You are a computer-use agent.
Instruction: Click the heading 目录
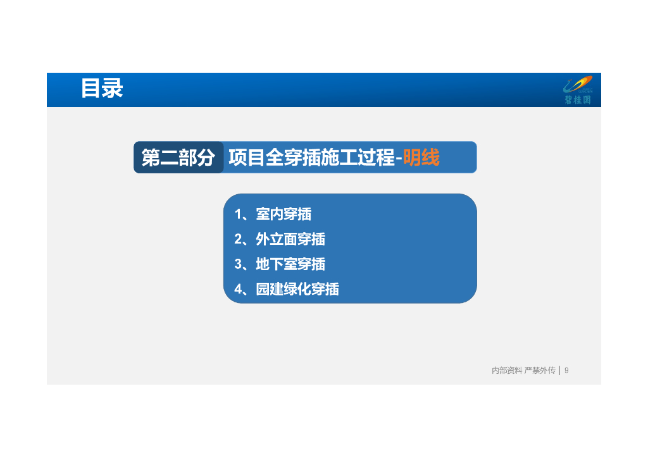[x=101, y=89]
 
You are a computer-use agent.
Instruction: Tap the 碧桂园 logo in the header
[x=578, y=90]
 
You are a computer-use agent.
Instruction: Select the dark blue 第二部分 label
[x=178, y=158]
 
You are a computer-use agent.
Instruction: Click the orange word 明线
[x=421, y=158]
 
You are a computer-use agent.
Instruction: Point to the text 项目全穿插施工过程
[x=311, y=158]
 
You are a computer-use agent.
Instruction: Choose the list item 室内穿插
[x=283, y=214]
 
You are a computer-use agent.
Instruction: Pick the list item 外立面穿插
[x=290, y=239]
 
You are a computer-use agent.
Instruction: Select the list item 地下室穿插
[x=290, y=264]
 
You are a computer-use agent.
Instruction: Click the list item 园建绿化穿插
[x=297, y=289]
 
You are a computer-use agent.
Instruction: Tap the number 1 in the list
[x=238, y=214]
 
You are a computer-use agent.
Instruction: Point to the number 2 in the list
[x=238, y=239]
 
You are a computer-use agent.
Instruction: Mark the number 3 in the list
[x=238, y=264]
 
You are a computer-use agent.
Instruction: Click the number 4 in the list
[x=238, y=289]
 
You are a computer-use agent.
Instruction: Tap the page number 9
[x=566, y=370]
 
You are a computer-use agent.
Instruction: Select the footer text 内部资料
[x=507, y=370]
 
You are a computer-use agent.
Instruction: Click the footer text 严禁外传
[x=540, y=370]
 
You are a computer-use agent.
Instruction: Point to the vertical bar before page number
[x=559, y=370]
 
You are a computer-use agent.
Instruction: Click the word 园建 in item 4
[x=270, y=289]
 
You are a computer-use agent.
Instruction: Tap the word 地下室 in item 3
[x=277, y=264]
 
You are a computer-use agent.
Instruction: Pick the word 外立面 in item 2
[x=277, y=239]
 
